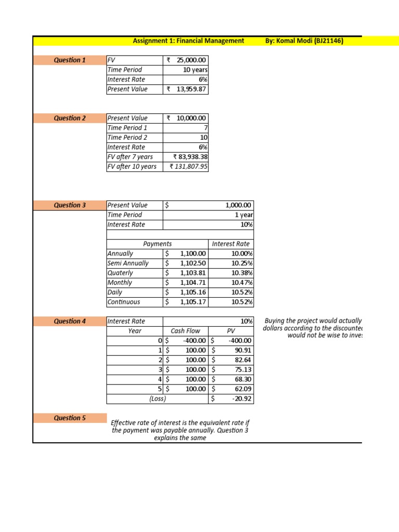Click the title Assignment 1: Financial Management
188,41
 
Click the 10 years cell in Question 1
195,70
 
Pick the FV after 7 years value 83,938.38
190,157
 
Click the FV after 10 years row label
131,167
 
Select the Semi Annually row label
128,263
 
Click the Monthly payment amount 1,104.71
193,283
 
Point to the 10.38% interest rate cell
242,273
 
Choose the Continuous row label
124,302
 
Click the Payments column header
157,244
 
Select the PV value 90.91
243,350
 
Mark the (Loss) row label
157,399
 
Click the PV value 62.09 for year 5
243,389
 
